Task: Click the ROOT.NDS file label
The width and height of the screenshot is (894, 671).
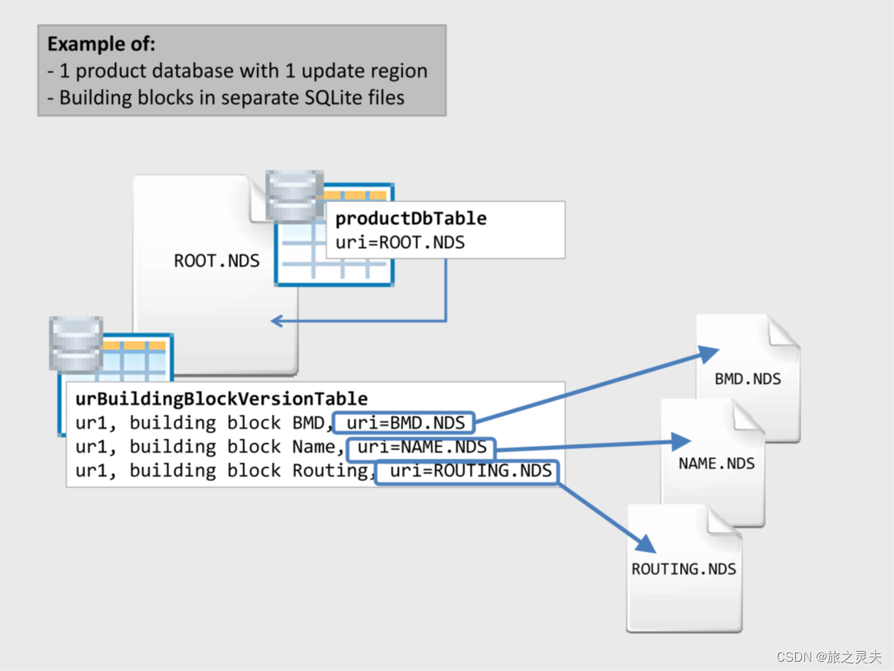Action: tap(216, 261)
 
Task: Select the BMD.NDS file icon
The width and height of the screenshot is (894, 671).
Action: tap(747, 378)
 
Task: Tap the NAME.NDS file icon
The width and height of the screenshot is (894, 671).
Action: tap(716, 463)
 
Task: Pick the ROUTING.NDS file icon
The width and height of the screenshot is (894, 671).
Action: tap(684, 569)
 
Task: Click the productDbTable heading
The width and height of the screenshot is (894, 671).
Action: tap(410, 219)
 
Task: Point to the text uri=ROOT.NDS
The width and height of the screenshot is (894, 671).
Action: tap(399, 242)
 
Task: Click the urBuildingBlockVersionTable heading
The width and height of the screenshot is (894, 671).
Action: tap(221, 399)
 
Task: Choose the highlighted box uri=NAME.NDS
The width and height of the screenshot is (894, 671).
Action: tap(420, 447)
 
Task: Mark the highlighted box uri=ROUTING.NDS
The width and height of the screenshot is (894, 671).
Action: tap(467, 471)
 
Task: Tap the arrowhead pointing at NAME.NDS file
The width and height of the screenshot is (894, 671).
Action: tap(681, 441)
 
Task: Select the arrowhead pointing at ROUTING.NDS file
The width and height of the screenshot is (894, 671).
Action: tap(645, 544)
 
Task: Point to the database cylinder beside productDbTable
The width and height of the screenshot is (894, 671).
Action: tap(294, 196)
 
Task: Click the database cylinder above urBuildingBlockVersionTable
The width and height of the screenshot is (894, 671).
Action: tap(76, 343)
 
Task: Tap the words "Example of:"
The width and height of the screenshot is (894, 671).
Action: tap(101, 43)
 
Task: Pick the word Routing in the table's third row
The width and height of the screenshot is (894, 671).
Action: tap(331, 471)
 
